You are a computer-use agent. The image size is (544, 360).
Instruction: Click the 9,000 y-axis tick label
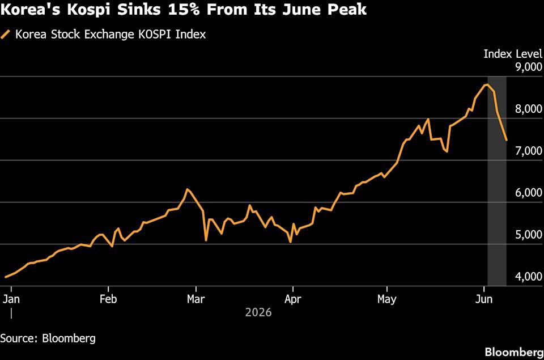click(x=529, y=67)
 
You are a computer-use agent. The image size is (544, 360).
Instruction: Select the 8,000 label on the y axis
click(x=529, y=109)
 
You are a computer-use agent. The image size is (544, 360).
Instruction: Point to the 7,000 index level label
click(x=529, y=151)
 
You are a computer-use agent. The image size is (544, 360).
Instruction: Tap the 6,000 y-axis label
click(x=529, y=193)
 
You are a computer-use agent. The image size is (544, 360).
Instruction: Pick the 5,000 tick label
click(x=529, y=235)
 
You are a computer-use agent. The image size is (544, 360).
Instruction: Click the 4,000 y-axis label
click(x=529, y=277)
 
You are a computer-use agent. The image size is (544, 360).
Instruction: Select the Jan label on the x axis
click(x=11, y=299)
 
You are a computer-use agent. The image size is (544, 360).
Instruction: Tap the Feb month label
click(x=108, y=299)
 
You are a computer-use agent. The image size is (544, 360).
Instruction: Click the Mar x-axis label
click(x=196, y=299)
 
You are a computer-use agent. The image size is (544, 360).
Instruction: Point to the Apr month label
click(x=293, y=299)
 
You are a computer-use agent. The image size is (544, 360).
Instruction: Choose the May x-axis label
click(x=387, y=299)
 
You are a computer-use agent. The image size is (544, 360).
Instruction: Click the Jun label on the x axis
click(x=483, y=299)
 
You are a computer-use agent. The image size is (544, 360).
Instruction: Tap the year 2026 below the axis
click(x=258, y=312)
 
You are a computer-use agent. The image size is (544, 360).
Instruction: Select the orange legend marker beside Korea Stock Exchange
click(x=6, y=35)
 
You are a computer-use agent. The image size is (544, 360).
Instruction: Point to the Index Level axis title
click(x=513, y=54)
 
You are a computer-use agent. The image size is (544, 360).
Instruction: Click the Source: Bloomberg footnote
click(x=48, y=338)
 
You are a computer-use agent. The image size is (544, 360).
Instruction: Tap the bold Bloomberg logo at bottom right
click(x=514, y=352)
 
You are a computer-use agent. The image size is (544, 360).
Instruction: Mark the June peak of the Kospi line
click(x=487, y=84)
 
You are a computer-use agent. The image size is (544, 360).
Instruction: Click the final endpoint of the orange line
click(x=507, y=140)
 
